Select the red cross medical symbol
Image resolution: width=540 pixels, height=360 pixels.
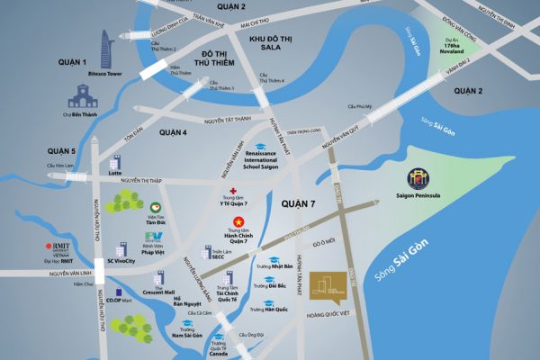[233, 193]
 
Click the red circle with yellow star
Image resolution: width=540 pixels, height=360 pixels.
[238, 221]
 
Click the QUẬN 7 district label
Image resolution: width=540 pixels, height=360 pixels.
[298, 203]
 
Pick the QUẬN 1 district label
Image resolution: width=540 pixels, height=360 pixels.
[73, 62]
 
